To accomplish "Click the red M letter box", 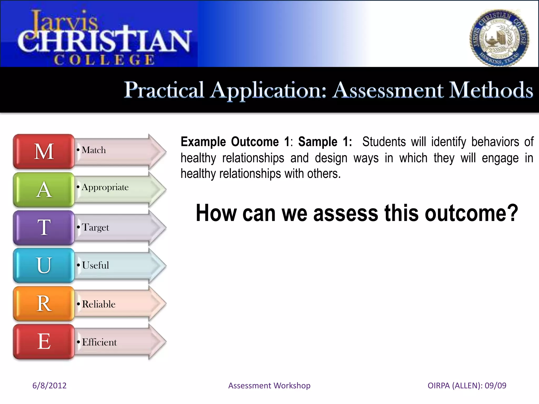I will [x=44, y=151].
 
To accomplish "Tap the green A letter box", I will [x=44, y=190].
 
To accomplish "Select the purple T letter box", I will [x=44, y=228].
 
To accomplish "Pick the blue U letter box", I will [x=44, y=265].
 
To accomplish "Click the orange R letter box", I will [x=44, y=304].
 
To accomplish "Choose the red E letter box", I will [x=44, y=341].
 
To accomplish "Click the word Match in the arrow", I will [x=94, y=150].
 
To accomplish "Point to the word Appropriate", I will [x=105, y=187].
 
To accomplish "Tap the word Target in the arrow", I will [x=95, y=227].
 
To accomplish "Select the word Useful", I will [x=95, y=265].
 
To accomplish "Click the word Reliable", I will [x=99, y=304].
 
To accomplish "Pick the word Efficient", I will [x=99, y=342].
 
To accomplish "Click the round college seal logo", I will [x=499, y=38].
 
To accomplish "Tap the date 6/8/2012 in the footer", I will [x=49, y=385].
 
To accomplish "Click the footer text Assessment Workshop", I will [x=269, y=385].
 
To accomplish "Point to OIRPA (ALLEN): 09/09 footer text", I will [x=467, y=385].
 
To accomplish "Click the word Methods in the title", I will [x=491, y=90].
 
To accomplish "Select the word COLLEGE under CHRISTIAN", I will [x=104, y=60].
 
